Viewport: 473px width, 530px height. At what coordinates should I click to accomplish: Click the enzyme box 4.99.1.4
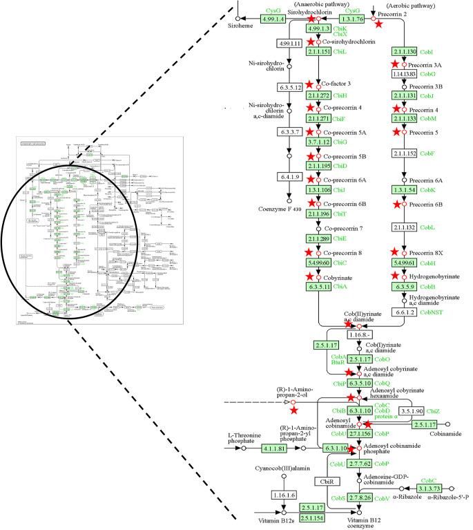(x=274, y=19)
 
